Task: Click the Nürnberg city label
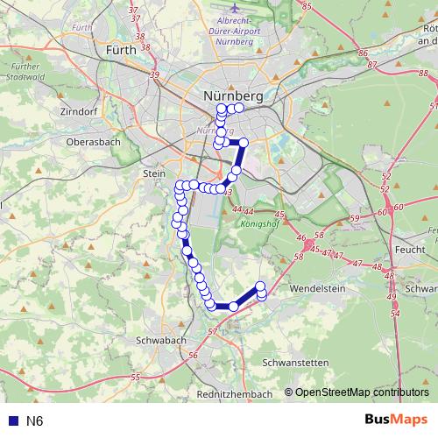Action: (232, 94)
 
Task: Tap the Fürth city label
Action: (120, 50)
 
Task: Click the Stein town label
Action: (153, 174)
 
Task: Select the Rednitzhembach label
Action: (235, 394)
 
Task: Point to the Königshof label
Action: (258, 223)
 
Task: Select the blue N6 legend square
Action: (11, 421)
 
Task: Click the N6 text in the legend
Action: (34, 421)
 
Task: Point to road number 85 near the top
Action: (307, 6)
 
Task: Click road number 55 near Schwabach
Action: (136, 377)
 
